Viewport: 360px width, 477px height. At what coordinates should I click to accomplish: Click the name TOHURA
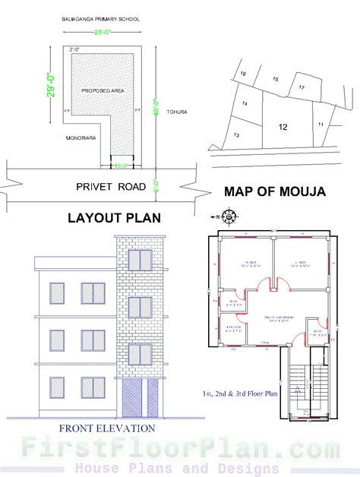(x=176, y=112)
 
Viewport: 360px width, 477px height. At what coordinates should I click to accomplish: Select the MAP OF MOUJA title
(x=274, y=192)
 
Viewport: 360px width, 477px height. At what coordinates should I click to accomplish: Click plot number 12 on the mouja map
(x=283, y=127)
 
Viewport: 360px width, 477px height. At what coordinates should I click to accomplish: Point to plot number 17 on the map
(x=302, y=88)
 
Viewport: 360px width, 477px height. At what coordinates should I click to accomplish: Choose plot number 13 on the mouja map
(x=237, y=135)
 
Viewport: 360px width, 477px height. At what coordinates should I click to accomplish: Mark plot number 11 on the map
(x=321, y=123)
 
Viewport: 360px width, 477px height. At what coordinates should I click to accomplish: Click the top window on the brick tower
(x=140, y=261)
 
